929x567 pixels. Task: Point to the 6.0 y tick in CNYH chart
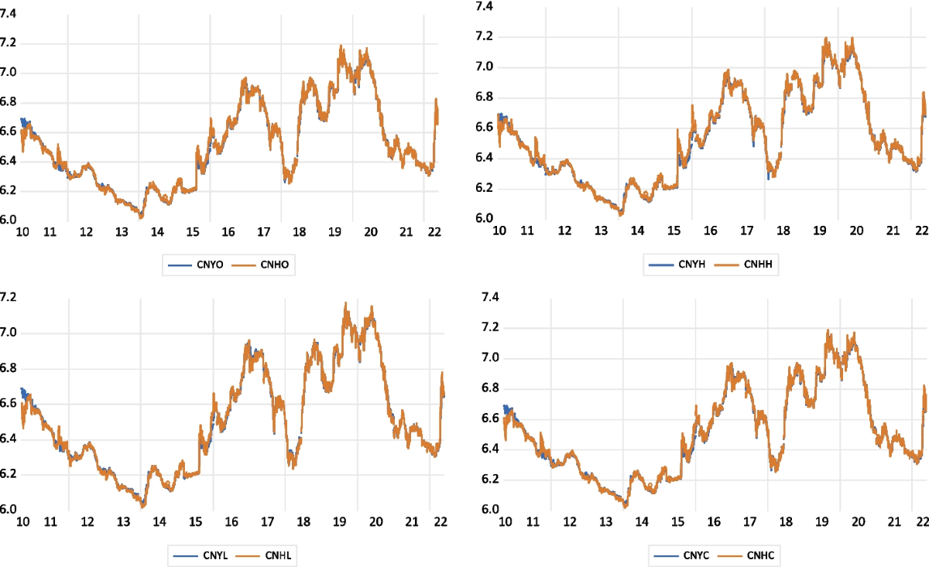coord(485,219)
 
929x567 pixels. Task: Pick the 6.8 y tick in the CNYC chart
coord(490,388)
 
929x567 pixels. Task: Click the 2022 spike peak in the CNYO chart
coord(437,99)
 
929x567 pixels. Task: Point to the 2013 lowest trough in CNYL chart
coord(142,507)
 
